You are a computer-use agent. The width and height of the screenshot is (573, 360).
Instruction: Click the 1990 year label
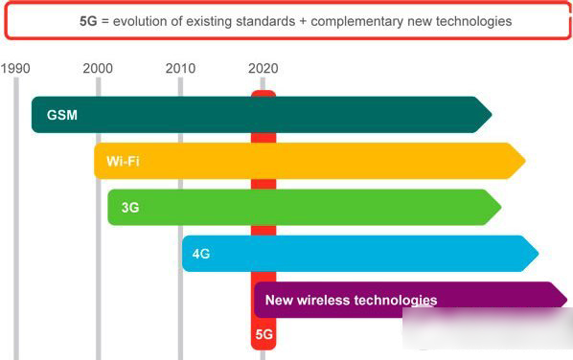click(x=15, y=68)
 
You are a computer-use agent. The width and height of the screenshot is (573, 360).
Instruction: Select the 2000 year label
click(x=97, y=68)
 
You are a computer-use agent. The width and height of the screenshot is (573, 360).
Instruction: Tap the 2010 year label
click(x=180, y=68)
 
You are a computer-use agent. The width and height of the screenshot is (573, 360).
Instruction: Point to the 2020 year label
click(x=263, y=68)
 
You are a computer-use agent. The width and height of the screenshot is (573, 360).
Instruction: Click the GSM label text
click(x=61, y=115)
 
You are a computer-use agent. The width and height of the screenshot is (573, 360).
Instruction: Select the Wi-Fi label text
click(x=124, y=161)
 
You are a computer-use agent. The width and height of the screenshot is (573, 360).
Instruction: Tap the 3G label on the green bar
click(x=130, y=207)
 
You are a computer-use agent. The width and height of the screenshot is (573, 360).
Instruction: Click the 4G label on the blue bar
click(x=201, y=254)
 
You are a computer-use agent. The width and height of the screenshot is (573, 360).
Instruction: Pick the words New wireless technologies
click(x=351, y=300)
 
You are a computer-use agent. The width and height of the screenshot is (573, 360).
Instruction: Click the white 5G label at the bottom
click(x=264, y=336)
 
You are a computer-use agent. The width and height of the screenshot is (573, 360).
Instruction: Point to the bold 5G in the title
click(x=90, y=20)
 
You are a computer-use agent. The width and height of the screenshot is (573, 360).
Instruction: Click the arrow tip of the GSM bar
click(x=490, y=115)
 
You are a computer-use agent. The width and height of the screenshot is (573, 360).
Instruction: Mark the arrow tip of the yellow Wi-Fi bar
click(x=524, y=161)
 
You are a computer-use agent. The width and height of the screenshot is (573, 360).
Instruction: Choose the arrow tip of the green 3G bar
click(x=499, y=207)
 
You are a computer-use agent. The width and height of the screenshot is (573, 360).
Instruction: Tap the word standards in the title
click(x=267, y=20)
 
